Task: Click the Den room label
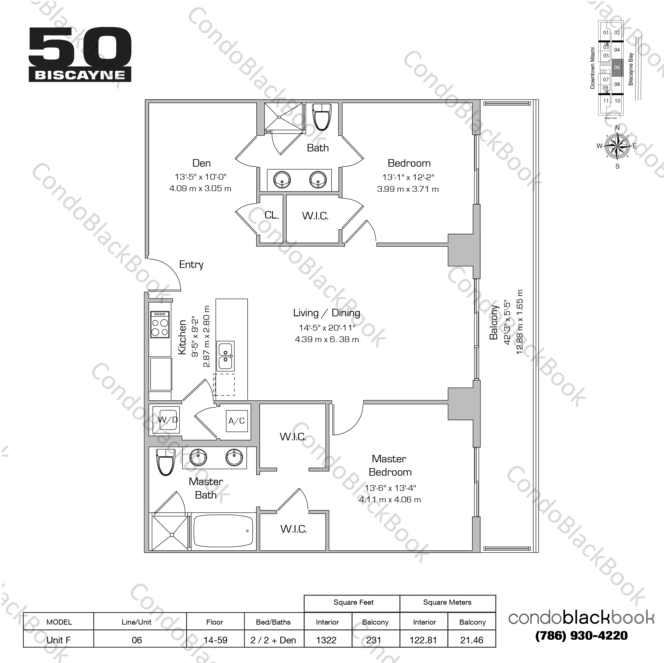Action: (x=201, y=163)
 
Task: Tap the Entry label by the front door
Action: (x=191, y=264)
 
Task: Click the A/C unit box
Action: (x=237, y=421)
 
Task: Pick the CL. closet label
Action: (x=272, y=215)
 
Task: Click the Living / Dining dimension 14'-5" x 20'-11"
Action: (x=327, y=328)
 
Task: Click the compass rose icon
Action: (x=617, y=146)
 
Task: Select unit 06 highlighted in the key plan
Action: (x=617, y=67)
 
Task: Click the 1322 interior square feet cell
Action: (x=327, y=640)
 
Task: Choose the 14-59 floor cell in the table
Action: (x=215, y=640)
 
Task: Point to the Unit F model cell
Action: (x=59, y=640)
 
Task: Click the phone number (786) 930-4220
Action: (x=581, y=636)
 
